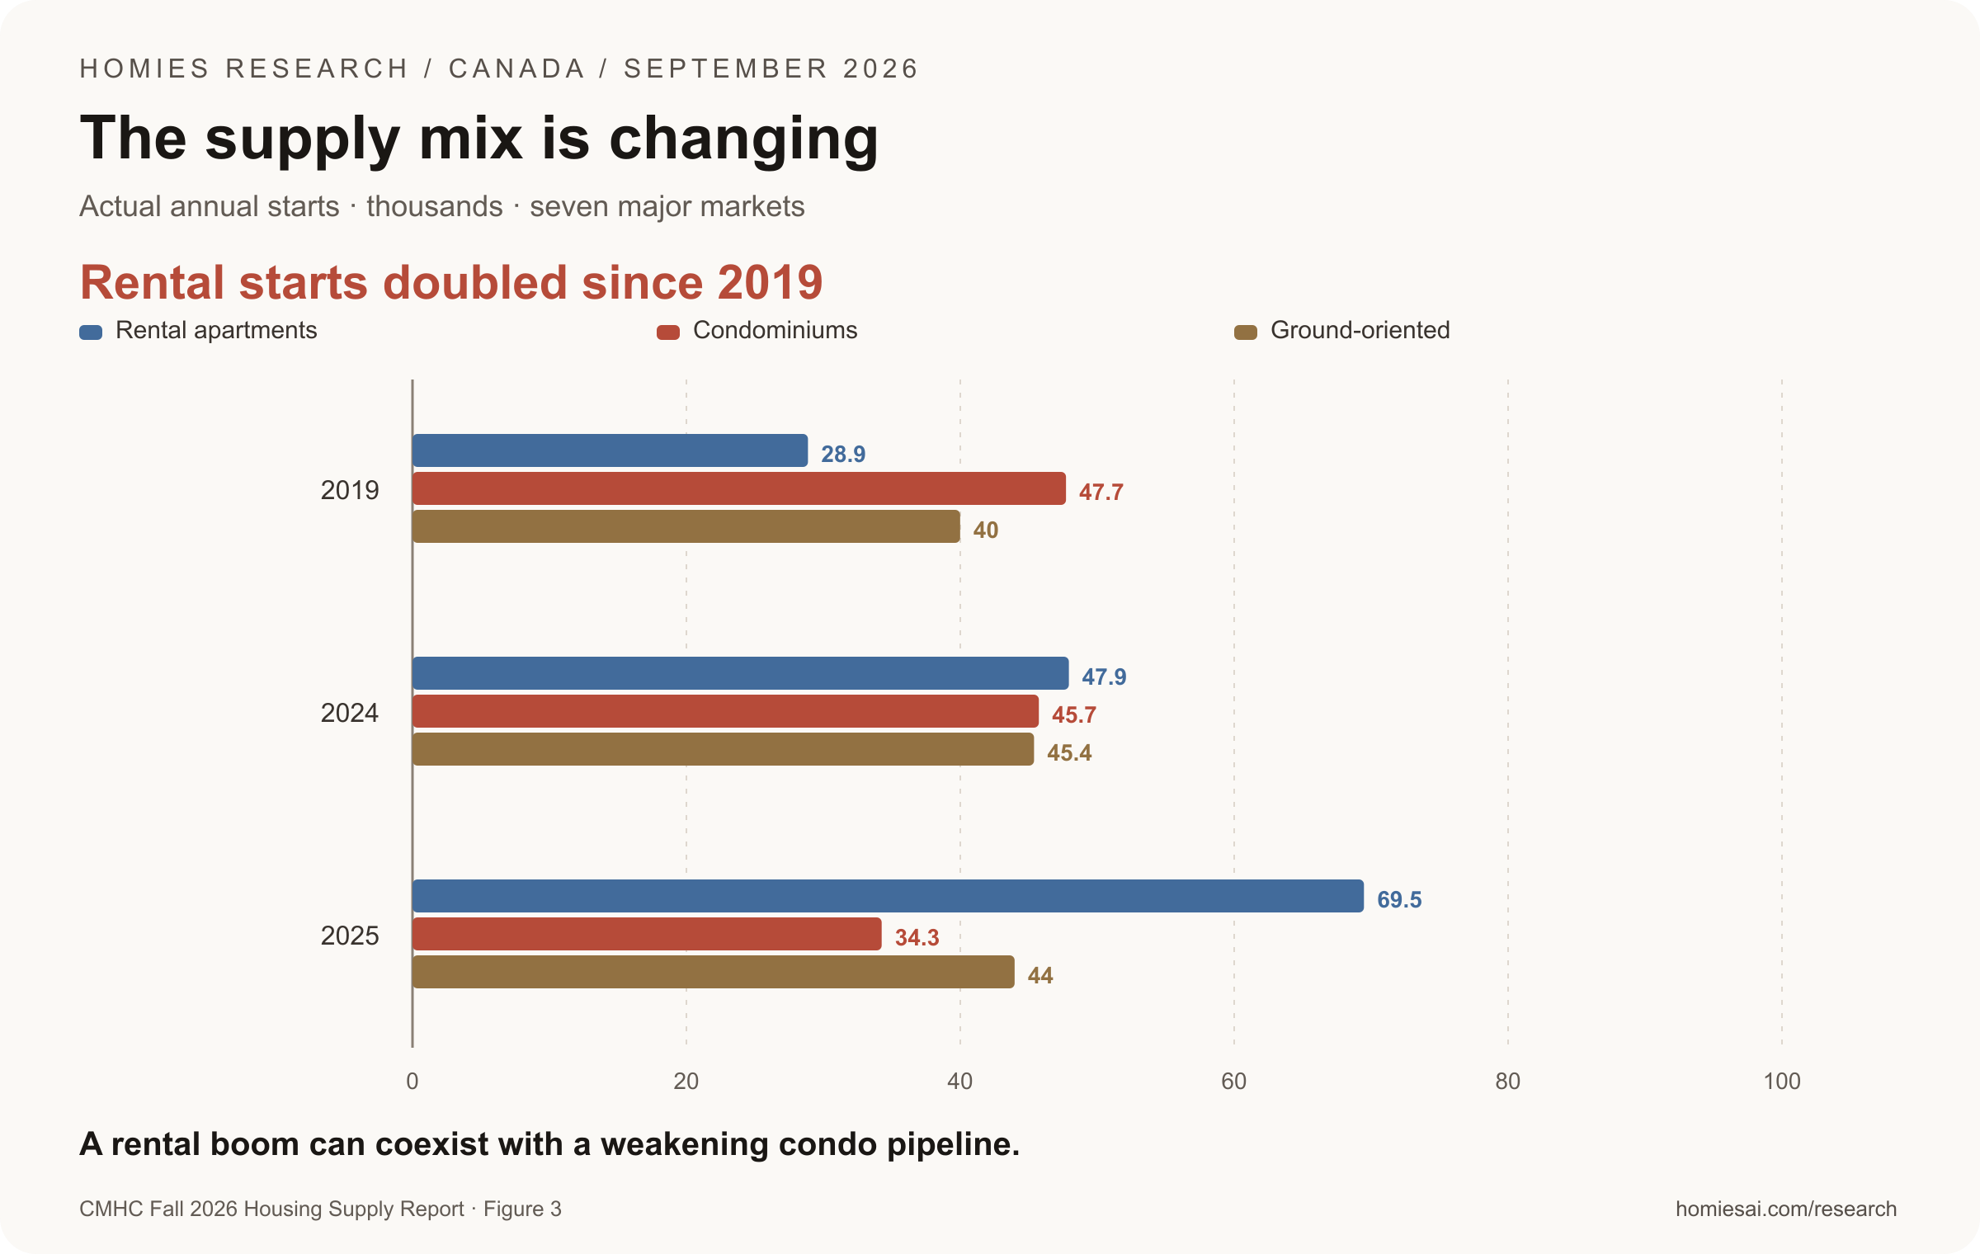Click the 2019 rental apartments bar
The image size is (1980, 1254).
[610, 450]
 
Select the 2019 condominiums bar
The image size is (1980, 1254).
[739, 488]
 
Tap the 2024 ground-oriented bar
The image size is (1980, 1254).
[723, 749]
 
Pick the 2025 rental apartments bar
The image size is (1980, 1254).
[888, 896]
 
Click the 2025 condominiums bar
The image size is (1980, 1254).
[647, 934]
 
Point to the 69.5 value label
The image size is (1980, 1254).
[1399, 899]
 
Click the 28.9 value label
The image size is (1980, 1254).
[843, 454]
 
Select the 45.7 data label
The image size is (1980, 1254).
[1074, 714]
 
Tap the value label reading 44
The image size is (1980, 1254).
[1040, 975]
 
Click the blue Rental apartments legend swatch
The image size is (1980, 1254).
[91, 332]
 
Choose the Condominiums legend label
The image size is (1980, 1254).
[775, 330]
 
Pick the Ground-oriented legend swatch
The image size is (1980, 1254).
[1246, 332]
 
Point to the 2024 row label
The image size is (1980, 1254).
[350, 713]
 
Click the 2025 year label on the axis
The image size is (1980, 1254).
[350, 936]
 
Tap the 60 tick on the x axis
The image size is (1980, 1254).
[1234, 1081]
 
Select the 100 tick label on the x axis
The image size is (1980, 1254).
[1782, 1081]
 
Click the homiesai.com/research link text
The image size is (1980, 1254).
[1786, 1209]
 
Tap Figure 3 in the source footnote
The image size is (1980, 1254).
[522, 1209]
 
